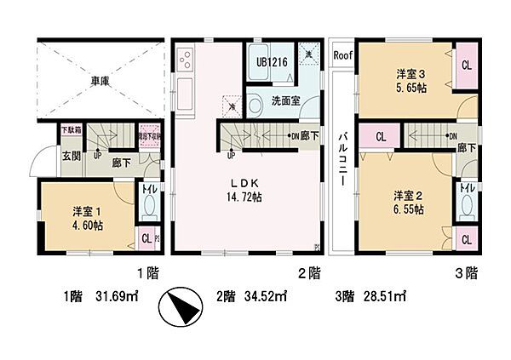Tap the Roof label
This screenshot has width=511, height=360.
[342, 55]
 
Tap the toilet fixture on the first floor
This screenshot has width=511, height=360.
[149, 203]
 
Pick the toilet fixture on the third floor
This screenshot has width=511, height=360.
[467, 204]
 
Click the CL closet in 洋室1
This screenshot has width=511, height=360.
[145, 239]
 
